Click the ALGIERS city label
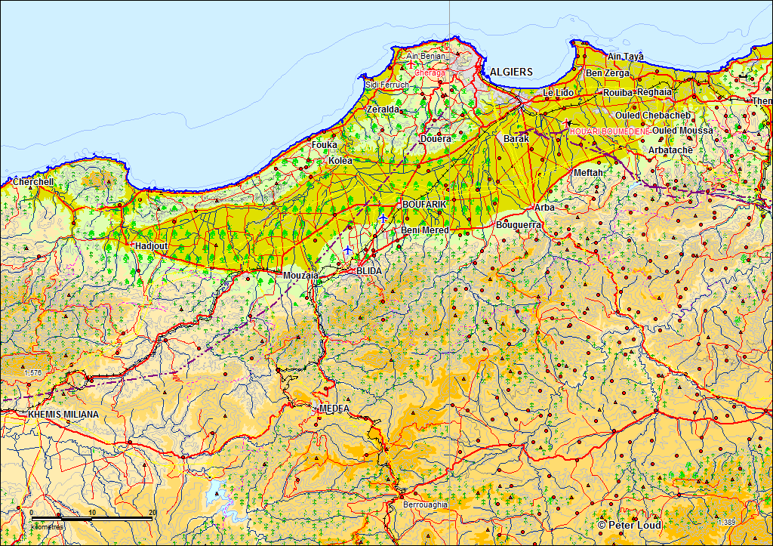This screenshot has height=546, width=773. [511, 72]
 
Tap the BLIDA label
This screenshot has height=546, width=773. [369, 270]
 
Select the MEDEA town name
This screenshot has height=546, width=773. [334, 408]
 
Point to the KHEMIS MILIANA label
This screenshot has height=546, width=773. [63, 415]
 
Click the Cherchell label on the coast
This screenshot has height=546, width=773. [33, 182]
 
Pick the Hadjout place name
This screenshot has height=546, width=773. [151, 246]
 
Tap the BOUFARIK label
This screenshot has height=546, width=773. [424, 205]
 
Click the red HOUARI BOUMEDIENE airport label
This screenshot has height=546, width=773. [609, 131]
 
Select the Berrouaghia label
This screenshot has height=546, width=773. [424, 504]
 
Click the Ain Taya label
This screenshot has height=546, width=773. [626, 57]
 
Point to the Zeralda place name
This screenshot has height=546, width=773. [383, 110]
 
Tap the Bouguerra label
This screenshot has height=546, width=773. [519, 225]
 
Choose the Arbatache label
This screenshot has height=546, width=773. [670, 150]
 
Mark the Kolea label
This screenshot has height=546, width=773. [340, 161]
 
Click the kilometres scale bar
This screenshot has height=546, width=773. [91, 519]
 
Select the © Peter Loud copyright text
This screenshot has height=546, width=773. [629, 525]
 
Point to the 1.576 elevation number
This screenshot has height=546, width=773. [33, 373]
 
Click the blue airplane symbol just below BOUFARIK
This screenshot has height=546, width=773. [383, 218]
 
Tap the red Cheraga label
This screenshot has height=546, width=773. [430, 72]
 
